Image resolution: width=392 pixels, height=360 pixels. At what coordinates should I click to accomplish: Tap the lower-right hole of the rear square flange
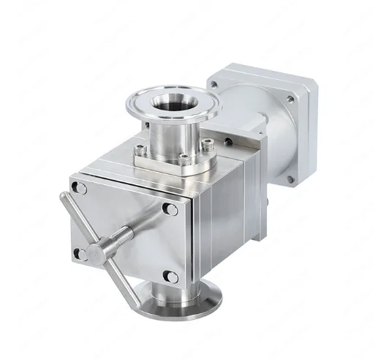click(x=293, y=178)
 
